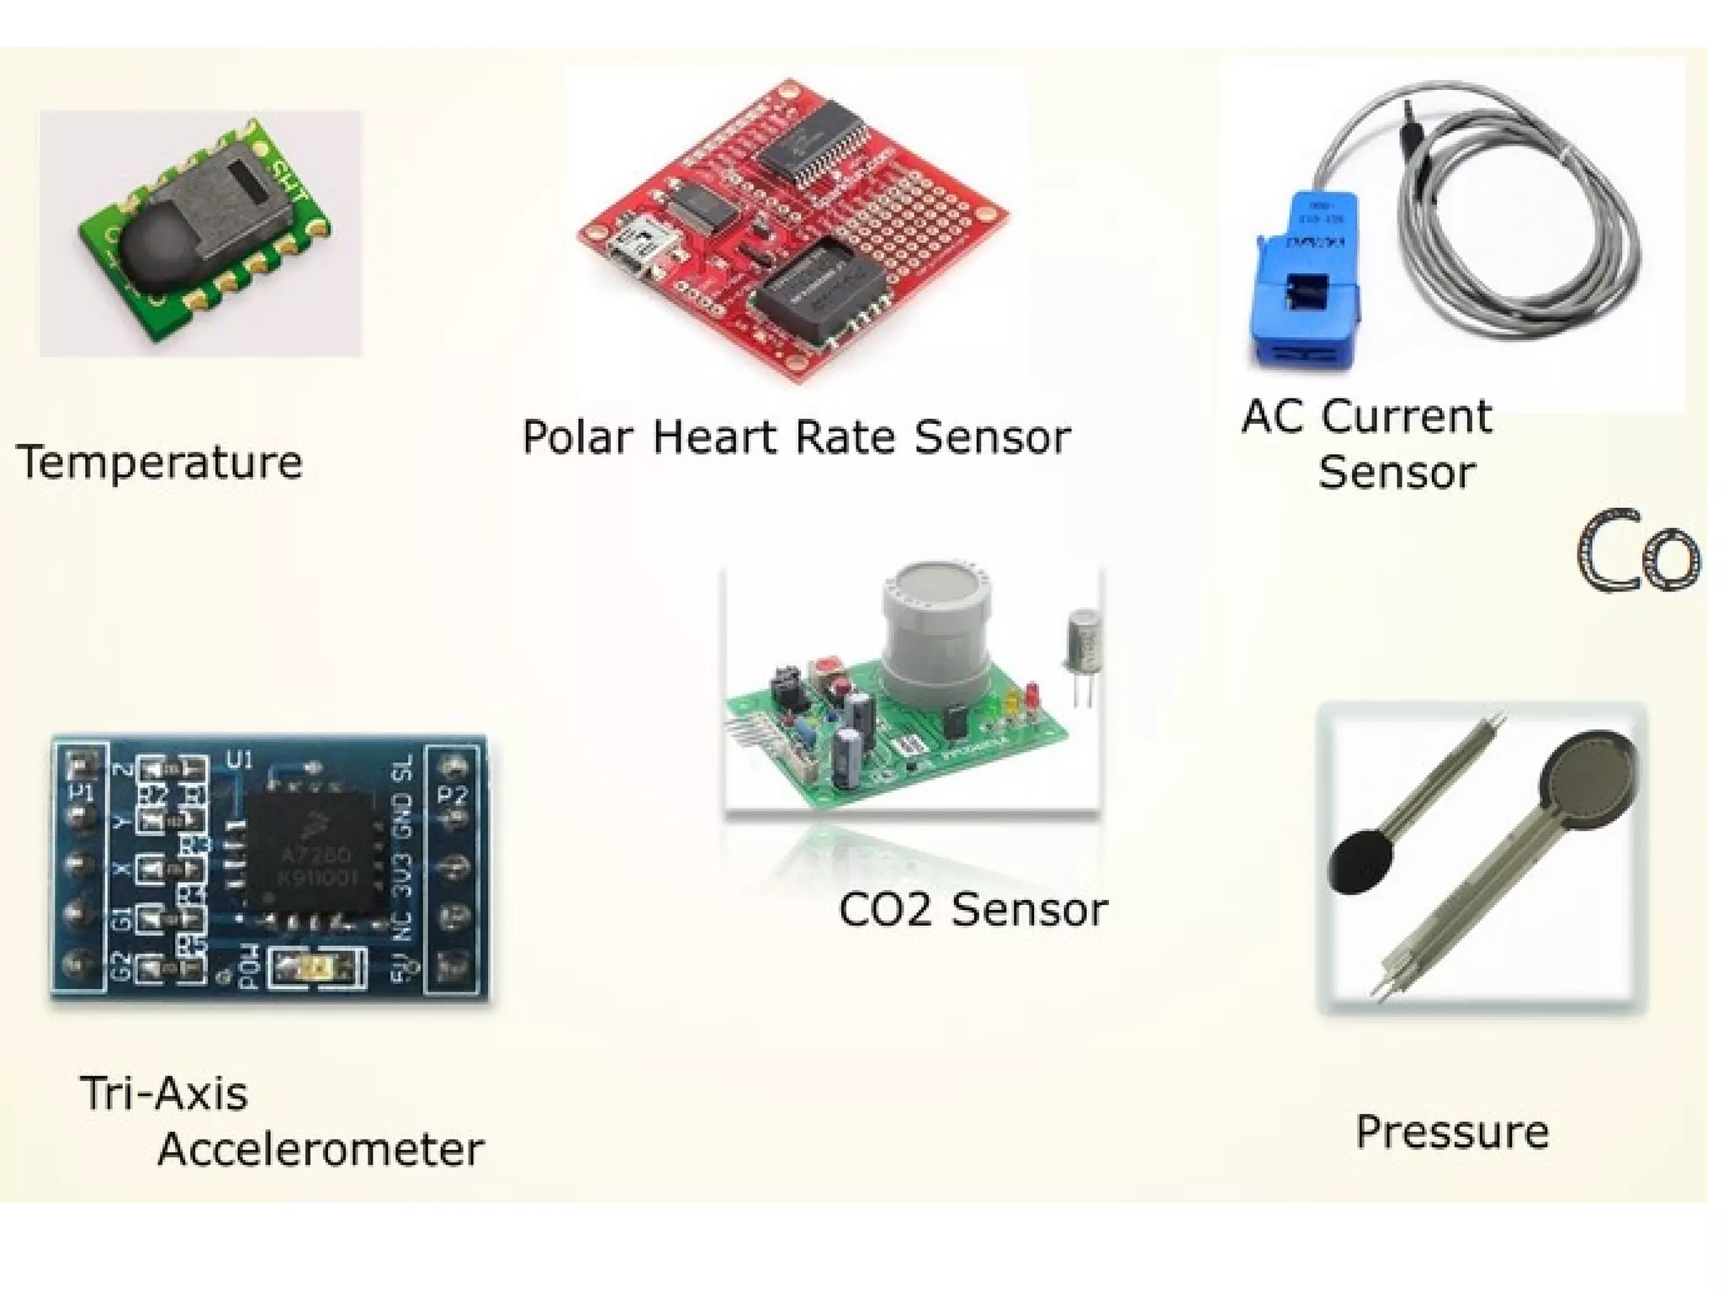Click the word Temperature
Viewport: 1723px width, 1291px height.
click(160, 463)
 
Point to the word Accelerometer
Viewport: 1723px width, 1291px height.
click(321, 1150)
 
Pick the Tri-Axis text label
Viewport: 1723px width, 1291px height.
click(165, 1094)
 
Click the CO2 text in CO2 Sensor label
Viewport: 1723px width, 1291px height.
click(886, 910)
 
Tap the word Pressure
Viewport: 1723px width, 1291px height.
click(1452, 1131)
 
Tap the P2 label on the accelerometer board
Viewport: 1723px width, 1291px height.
click(454, 795)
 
